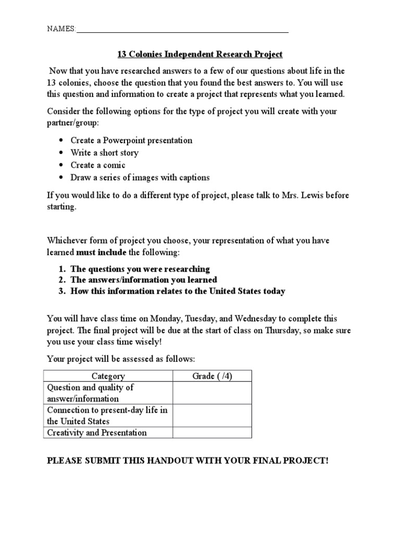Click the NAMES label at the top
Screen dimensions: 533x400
coord(61,29)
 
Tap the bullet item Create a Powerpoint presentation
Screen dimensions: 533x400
coord(131,141)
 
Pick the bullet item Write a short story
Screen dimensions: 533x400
coord(104,153)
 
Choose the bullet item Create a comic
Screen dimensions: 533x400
coord(98,165)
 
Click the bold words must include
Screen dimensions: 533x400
coord(99,252)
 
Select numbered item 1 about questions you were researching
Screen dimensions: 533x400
coord(140,269)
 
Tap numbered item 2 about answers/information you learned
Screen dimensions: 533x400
coord(143,280)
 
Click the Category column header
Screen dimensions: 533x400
coord(108,376)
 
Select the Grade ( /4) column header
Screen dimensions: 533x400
coord(212,376)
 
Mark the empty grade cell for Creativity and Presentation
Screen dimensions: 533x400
coord(212,433)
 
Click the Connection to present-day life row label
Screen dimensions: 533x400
coord(108,416)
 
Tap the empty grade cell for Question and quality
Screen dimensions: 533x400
coord(212,393)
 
